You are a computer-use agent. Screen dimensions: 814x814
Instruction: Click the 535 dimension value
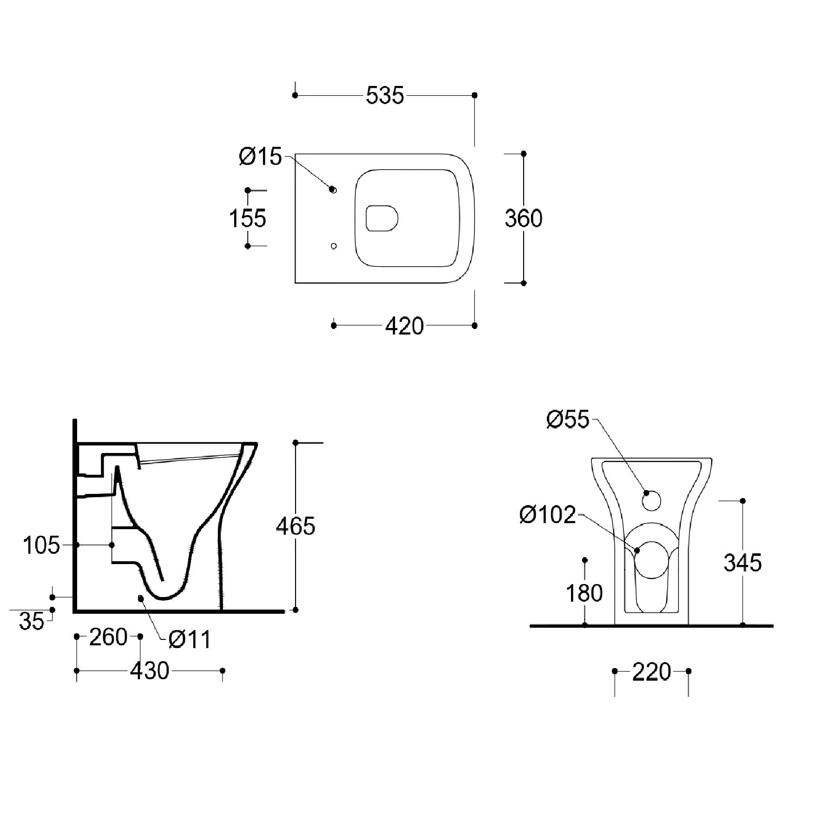[x=385, y=96]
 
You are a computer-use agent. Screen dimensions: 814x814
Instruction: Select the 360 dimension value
[x=524, y=218]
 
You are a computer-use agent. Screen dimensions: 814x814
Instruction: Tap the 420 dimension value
[x=404, y=326]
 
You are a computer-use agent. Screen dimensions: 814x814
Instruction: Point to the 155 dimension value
[x=248, y=218]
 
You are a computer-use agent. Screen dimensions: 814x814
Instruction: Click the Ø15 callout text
[x=260, y=157]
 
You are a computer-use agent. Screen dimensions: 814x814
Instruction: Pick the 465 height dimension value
[x=295, y=526]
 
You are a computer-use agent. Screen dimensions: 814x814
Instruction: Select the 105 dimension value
[x=41, y=545]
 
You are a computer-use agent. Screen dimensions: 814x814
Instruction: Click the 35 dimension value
[x=32, y=621]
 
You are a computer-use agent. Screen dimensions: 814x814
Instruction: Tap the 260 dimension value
[x=108, y=637]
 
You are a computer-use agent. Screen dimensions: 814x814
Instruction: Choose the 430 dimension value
[x=150, y=671]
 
